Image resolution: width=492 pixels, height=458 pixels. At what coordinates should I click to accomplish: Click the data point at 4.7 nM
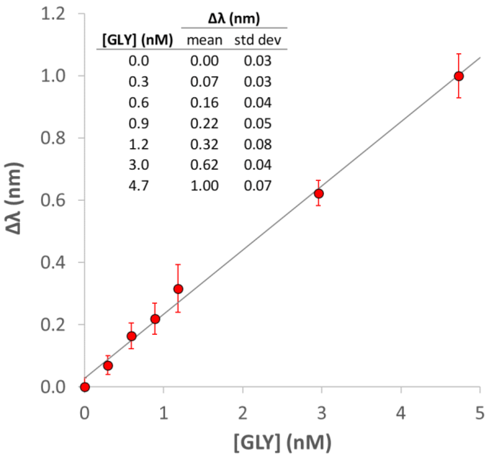click(x=459, y=76)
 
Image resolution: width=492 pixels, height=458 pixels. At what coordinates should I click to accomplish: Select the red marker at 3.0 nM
click(x=319, y=193)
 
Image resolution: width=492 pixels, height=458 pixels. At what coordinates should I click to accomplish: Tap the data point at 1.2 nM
click(x=178, y=289)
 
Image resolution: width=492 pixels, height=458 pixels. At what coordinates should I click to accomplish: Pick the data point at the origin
click(x=85, y=387)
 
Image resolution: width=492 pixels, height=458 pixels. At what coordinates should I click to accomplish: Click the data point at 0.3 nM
click(x=108, y=366)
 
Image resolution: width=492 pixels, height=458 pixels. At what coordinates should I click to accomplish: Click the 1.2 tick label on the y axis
click(x=53, y=14)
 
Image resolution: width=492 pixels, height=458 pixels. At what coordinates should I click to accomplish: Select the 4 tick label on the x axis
click(x=401, y=413)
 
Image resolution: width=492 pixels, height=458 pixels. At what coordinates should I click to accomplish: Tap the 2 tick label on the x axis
click(x=243, y=413)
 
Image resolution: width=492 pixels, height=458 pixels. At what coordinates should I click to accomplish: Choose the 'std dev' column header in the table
click(x=257, y=40)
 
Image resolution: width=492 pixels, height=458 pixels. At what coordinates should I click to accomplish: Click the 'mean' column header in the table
click(x=204, y=40)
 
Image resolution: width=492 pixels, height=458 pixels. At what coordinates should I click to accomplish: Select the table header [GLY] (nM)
click(x=138, y=40)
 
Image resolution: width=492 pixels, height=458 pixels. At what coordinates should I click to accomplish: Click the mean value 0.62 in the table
click(x=204, y=165)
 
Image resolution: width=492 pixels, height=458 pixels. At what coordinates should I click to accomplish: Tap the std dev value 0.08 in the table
click(x=258, y=144)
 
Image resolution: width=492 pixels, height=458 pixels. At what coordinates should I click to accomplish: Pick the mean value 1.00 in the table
click(x=204, y=186)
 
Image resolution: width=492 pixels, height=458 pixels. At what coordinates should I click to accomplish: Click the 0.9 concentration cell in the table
click(x=138, y=124)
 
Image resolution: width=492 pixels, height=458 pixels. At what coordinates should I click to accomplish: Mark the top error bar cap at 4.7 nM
click(x=459, y=54)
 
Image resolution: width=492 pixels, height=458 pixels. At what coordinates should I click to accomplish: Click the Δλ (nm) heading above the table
click(x=234, y=19)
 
